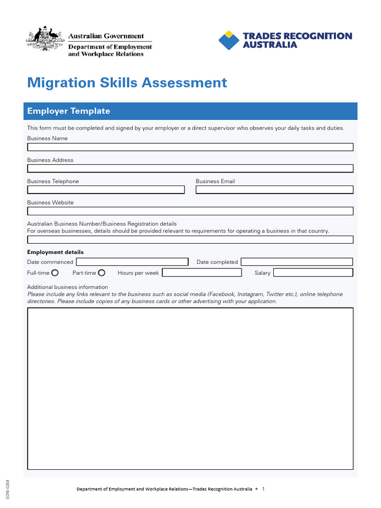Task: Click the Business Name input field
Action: point(190,147)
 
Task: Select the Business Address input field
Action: point(190,168)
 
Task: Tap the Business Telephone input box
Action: point(106,190)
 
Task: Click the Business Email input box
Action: point(274,190)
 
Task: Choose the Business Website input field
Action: point(190,211)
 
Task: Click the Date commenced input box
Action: point(132,262)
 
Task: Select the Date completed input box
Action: point(297,262)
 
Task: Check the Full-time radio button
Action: point(55,273)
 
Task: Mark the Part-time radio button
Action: point(102,273)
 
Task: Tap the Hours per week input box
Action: point(202,273)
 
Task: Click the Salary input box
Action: point(313,273)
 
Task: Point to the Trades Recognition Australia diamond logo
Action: point(229,40)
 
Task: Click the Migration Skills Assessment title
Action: point(127,82)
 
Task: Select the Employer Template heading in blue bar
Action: point(68,111)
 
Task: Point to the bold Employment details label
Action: point(55,252)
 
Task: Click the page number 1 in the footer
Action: point(263,489)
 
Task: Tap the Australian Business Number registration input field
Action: point(190,240)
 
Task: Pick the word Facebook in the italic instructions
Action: point(224,294)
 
